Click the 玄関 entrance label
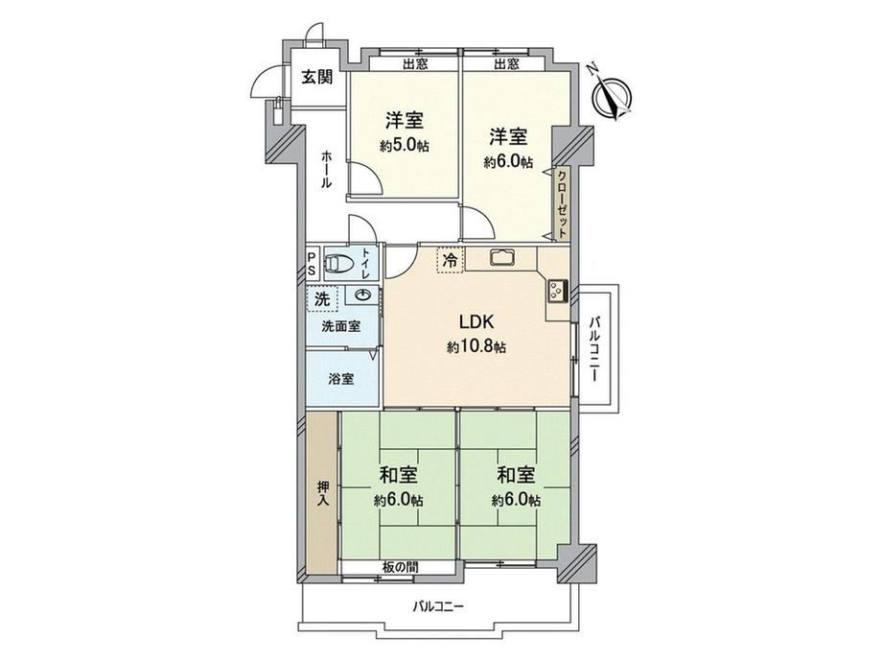tap(316, 77)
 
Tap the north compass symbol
tap(612, 97)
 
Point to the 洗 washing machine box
tap(322, 299)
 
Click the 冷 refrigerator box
tap(451, 260)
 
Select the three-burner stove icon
tap(557, 292)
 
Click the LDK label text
tap(476, 322)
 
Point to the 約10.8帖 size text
tap(476, 347)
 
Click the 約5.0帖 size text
tap(405, 146)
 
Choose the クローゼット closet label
tap(562, 203)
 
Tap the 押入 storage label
tap(322, 494)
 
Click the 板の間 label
tap(398, 567)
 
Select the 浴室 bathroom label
tap(341, 379)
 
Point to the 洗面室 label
tap(341, 326)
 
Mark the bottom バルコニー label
tap(438, 606)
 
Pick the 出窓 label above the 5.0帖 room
tap(415, 63)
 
